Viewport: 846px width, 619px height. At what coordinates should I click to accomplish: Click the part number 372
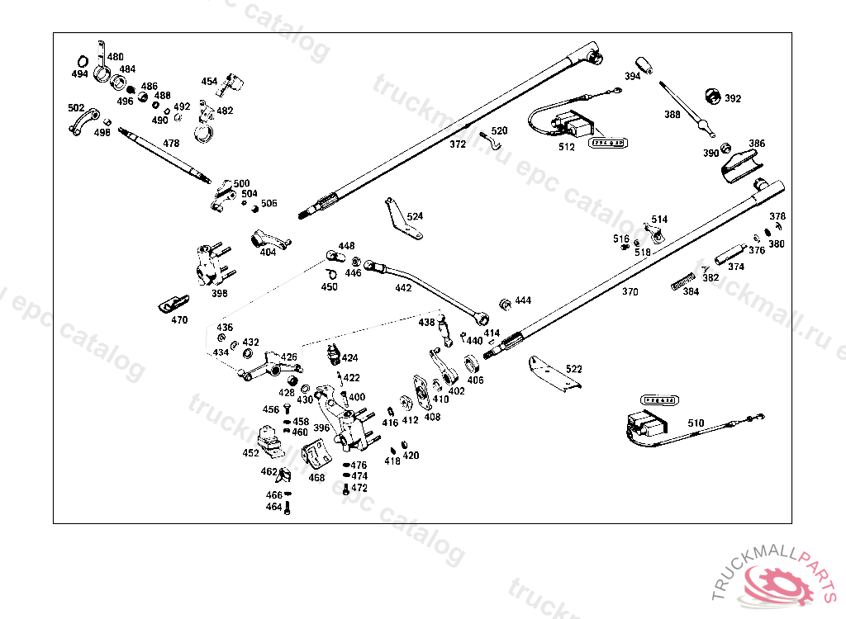click(458, 144)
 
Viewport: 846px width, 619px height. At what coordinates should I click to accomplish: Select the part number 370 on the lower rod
click(630, 291)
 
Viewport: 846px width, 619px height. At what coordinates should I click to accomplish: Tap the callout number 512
click(566, 148)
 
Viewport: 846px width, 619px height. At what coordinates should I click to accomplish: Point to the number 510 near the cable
click(696, 423)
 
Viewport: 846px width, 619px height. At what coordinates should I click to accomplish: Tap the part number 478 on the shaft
click(170, 143)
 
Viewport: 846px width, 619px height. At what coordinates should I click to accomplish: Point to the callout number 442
click(402, 288)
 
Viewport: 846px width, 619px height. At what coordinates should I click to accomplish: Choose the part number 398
click(219, 293)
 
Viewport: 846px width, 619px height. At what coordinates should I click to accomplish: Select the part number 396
click(321, 428)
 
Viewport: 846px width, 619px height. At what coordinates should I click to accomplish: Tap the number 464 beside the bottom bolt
click(273, 507)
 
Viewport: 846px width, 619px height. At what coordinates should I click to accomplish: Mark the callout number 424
click(349, 358)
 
